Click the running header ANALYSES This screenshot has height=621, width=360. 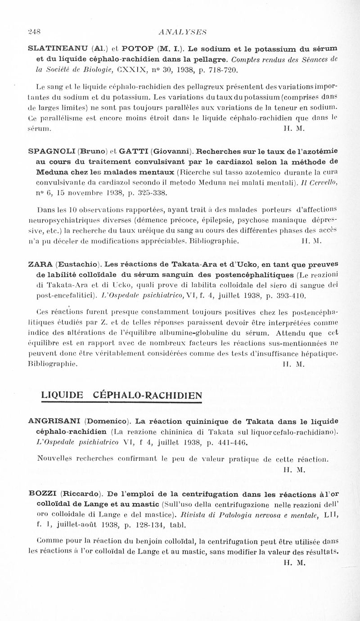(x=180, y=32)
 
